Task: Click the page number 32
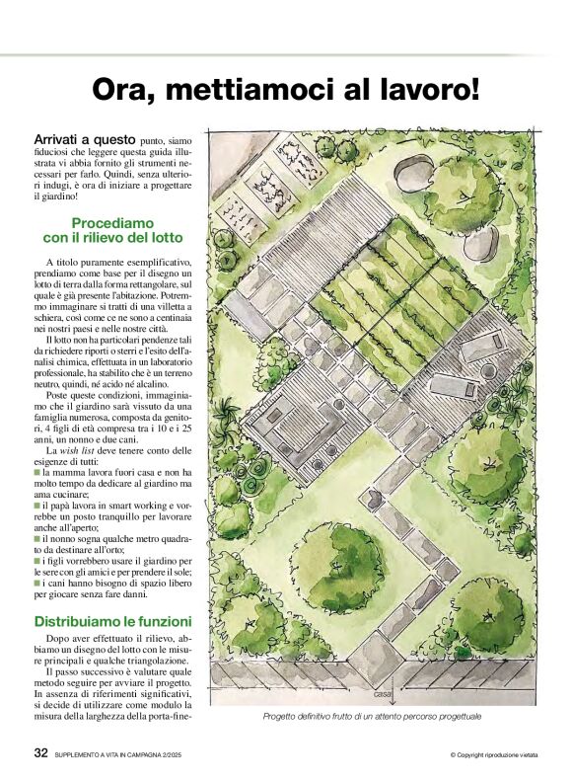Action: [39, 752]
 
